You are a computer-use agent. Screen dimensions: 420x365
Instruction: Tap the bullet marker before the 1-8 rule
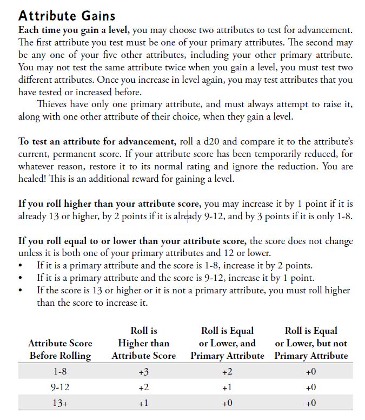[21, 266]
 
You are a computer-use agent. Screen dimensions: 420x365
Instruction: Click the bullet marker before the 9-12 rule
[21, 278]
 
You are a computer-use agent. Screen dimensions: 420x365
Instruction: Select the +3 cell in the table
[143, 372]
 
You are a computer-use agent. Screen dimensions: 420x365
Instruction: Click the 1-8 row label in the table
[60, 372]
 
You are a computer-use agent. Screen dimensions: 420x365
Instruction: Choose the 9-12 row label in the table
[60, 388]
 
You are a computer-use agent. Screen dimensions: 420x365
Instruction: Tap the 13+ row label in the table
[60, 403]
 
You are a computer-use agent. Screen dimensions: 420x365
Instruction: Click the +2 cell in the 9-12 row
[143, 388]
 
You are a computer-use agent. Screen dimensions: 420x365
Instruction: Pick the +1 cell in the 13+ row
[143, 403]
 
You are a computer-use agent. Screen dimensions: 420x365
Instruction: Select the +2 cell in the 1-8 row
[227, 372]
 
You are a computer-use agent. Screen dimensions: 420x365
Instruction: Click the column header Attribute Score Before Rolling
[60, 349]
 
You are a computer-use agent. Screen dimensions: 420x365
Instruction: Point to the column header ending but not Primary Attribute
[311, 343]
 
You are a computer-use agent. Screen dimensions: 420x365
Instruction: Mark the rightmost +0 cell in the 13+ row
[311, 403]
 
